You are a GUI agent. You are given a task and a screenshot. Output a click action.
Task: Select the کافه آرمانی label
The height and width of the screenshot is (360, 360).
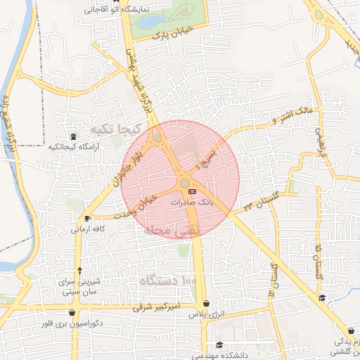pyautogui.click(x=89, y=229)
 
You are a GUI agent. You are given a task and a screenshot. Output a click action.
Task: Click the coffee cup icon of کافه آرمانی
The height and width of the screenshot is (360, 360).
pyautogui.click(x=86, y=217)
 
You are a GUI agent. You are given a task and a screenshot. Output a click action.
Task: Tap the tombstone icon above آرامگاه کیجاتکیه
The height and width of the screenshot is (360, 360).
pyautogui.click(x=74, y=136)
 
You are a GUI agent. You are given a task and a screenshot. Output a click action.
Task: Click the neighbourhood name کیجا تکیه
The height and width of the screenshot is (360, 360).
pyautogui.click(x=112, y=130)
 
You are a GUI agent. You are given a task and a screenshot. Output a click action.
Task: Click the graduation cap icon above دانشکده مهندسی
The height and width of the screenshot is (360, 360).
pyautogui.click(x=220, y=345)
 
